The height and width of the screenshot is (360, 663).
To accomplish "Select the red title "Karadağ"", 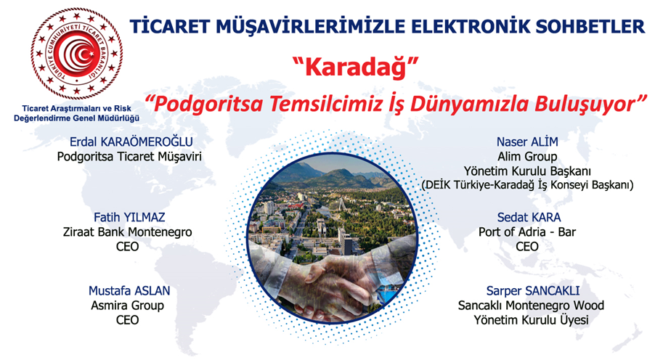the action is [356, 67].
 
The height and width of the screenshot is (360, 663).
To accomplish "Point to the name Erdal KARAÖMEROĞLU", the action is [131, 142].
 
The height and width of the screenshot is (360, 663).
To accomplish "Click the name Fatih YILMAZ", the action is [129, 217].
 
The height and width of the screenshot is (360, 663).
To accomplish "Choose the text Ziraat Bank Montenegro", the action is [127, 232].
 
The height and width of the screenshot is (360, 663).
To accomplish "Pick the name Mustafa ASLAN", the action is [129, 291].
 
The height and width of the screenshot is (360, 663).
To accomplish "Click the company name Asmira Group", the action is [127, 306].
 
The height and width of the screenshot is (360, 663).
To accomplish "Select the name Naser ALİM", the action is [527, 142].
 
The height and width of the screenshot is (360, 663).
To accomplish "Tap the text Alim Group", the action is [527, 157].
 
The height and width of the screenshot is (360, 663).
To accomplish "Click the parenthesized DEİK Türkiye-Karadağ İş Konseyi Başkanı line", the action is [527, 185].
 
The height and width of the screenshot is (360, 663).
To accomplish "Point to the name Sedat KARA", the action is [529, 217].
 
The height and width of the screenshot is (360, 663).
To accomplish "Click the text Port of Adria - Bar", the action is [527, 232].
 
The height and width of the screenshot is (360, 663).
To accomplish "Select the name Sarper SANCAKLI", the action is [533, 291].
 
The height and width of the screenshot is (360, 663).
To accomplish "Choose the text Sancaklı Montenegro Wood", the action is [531, 306].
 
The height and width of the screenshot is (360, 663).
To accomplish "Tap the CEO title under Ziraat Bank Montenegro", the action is [127, 246].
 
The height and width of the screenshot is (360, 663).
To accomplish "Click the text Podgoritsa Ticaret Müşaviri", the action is [129, 157].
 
